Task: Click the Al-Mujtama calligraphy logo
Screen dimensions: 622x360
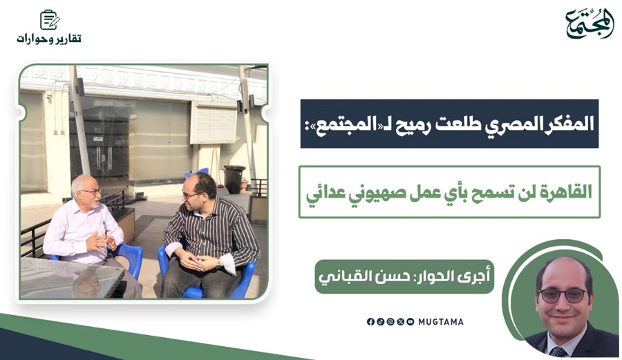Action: click(590, 23)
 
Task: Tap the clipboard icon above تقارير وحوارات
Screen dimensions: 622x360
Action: click(50, 20)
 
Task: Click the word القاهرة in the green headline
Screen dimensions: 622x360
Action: click(569, 192)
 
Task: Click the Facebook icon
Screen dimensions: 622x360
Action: click(370, 321)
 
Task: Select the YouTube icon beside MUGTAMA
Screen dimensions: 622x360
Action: click(410, 321)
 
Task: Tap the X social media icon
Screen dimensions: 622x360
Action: click(400, 321)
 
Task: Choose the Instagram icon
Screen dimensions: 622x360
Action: click(390, 321)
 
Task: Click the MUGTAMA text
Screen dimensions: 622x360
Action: click(441, 322)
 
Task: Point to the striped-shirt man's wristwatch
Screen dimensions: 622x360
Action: click(218, 263)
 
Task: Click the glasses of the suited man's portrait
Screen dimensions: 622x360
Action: click(563, 295)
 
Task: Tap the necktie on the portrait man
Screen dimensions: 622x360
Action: click(559, 351)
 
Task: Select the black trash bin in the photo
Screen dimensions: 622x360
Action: click(234, 179)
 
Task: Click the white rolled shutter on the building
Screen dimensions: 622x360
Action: click(214, 123)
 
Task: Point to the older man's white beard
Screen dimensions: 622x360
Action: click(94, 202)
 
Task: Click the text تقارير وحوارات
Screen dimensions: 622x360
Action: click(49, 39)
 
